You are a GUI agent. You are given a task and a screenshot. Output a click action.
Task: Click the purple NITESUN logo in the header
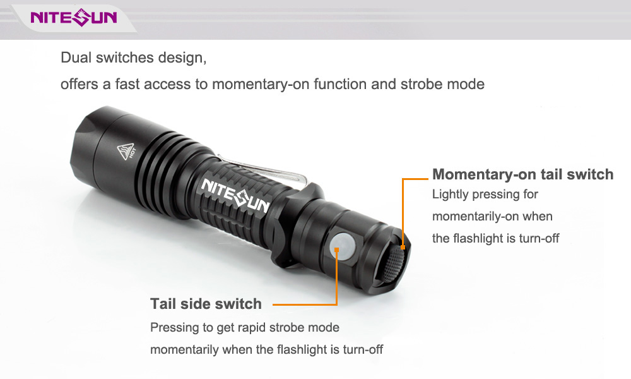74,17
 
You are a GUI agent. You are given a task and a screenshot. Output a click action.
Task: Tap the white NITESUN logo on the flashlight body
235,196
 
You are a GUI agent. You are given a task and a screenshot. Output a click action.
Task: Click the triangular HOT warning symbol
126,151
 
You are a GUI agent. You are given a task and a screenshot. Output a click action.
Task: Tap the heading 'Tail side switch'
206,304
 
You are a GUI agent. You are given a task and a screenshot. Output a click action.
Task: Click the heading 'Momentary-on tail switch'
522,174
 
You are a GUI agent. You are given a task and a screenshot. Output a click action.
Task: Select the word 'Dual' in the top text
76,57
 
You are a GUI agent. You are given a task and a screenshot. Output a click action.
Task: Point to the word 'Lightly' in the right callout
451,195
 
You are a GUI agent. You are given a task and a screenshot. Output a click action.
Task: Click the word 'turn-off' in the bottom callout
363,349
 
